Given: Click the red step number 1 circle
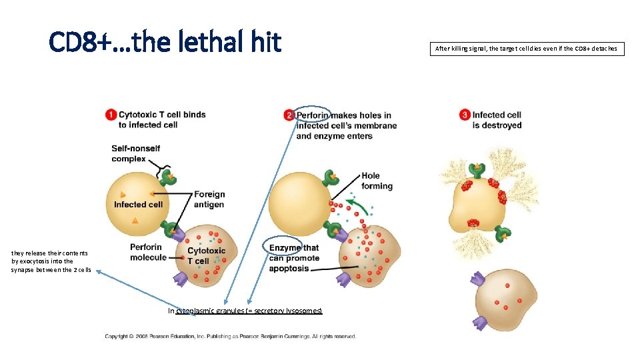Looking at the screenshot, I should (111, 115).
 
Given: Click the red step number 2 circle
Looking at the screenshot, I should (289, 115).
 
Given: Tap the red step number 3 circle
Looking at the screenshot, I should (465, 115).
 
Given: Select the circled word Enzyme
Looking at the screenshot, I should (285, 248).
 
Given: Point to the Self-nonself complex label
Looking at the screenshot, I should (135, 153).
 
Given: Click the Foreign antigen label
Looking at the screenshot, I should (209, 199).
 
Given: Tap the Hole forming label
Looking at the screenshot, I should (377, 181).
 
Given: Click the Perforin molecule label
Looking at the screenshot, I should (148, 252).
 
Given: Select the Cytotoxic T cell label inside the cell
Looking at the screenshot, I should (206, 256).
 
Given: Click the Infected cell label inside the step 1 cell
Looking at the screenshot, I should (138, 205).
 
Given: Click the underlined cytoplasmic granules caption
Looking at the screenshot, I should (245, 311).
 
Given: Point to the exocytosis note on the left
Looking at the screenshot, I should (51, 261).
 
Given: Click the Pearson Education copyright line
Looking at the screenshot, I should (230, 336).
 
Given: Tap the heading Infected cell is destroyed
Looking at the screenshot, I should (497, 120).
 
